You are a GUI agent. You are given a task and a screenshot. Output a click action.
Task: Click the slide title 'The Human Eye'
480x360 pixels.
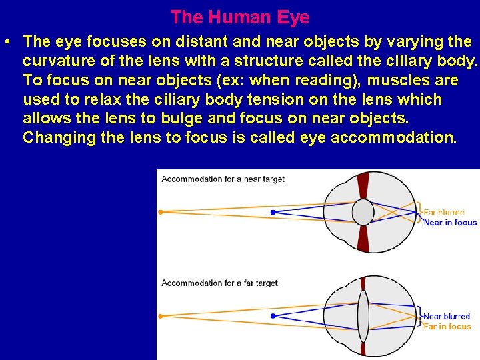click(240, 17)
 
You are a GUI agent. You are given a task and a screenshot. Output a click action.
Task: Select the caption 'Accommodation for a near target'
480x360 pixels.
click(223, 179)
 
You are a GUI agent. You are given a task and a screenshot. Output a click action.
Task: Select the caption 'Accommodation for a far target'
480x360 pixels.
click(219, 283)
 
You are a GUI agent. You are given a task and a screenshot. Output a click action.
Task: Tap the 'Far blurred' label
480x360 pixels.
click(444, 213)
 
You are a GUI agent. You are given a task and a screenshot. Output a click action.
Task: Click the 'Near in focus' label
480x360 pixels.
click(450, 223)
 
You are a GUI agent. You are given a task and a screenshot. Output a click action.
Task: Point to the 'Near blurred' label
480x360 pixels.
click(447, 317)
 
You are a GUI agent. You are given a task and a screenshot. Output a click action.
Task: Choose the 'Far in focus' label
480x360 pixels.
click(447, 327)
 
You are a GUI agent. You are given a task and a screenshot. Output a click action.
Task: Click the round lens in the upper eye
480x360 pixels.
click(363, 212)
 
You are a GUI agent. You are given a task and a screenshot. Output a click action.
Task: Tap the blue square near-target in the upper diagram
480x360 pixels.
click(273, 212)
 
